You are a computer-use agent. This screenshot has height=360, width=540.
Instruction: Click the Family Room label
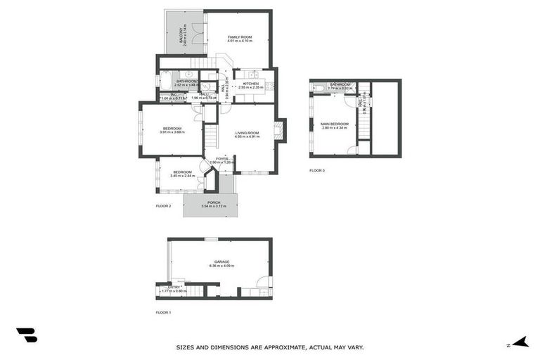pos(239,37)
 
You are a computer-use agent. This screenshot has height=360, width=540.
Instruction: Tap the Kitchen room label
pos(251,84)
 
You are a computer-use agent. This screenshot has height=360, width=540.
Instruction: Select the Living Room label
pos(247,133)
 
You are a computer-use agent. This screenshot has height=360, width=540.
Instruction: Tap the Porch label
pos(214,202)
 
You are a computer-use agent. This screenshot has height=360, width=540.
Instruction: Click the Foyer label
pos(222,159)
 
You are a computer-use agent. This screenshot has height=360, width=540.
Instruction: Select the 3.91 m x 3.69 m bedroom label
pos(172,128)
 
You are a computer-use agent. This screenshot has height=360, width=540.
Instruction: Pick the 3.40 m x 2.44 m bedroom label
pos(182,172)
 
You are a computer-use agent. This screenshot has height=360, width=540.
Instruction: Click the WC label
pos(173,95)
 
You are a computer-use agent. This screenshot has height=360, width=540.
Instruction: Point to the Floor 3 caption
pos(317,170)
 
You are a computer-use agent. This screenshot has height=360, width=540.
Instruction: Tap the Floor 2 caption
pos(163,206)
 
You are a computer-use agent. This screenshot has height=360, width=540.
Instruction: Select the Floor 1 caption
pos(163,311)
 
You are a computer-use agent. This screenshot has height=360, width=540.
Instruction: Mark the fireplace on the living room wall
pos(279,129)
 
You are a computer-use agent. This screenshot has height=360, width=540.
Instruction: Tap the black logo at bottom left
pos(26,335)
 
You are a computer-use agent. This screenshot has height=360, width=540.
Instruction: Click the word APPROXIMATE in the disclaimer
pos(269,347)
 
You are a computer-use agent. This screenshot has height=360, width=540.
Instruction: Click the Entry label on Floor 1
pos(173,287)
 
